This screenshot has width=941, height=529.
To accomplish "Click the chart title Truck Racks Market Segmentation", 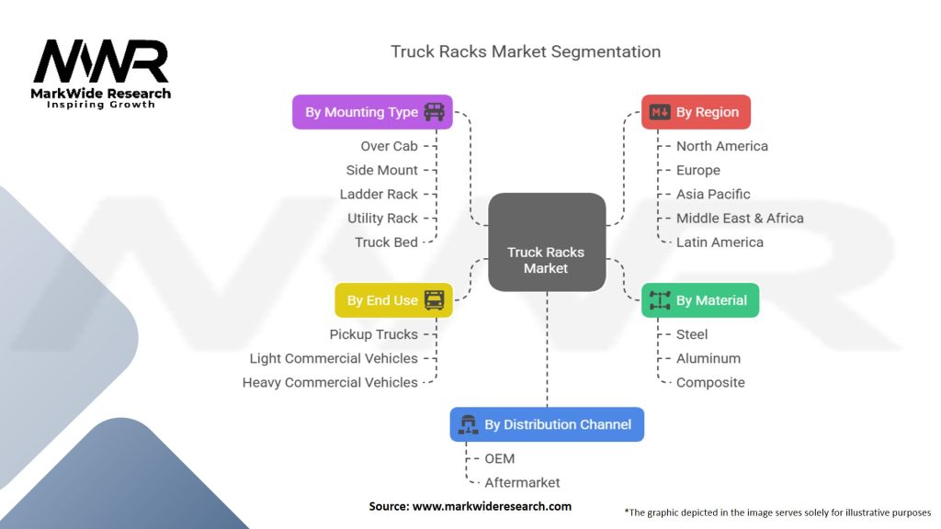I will (526, 51).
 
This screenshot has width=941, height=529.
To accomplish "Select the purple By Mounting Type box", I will (372, 112).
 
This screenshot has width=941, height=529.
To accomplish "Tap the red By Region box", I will (696, 112).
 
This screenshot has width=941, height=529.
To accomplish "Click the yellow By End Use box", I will (393, 300).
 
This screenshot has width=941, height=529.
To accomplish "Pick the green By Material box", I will (699, 300).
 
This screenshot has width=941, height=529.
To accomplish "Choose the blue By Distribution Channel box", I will (547, 424).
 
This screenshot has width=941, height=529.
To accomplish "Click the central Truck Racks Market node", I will (547, 260).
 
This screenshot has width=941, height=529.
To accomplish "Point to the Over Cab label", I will (389, 146).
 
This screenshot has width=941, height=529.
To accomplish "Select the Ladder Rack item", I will (379, 194).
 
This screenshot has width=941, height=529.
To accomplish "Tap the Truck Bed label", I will (386, 242).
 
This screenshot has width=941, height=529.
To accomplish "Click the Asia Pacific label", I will (713, 194).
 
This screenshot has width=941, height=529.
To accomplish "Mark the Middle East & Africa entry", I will (740, 219).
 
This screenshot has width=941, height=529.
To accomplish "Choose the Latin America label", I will (720, 242).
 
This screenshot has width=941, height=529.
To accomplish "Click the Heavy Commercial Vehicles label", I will (330, 382).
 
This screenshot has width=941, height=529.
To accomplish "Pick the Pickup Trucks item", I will (373, 334).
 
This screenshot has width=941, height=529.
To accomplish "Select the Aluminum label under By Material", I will (708, 358).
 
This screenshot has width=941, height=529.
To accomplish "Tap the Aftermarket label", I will (522, 482).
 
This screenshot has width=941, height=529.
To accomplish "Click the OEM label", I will (500, 458).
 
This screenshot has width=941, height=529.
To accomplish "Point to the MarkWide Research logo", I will (101, 73).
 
